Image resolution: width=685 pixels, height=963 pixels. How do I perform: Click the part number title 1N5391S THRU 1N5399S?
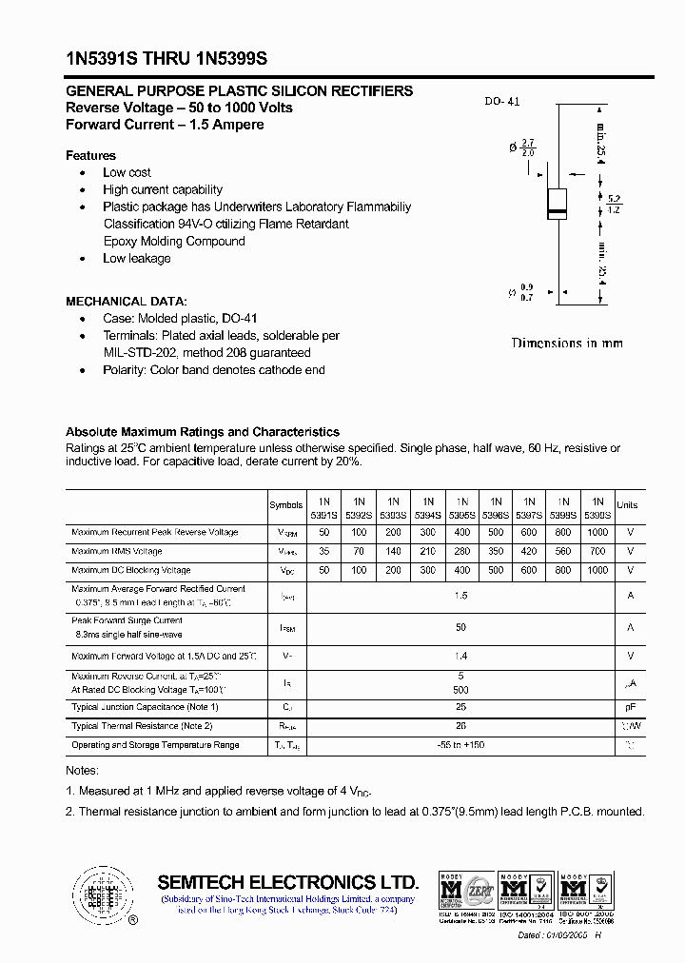tap(166, 59)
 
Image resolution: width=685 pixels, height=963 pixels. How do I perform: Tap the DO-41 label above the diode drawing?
tap(502, 102)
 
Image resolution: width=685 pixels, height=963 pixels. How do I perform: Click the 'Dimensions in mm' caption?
tap(567, 343)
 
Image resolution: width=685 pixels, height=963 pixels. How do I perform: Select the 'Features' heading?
tap(90, 155)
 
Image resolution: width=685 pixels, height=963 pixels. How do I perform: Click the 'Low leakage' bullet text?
tap(136, 258)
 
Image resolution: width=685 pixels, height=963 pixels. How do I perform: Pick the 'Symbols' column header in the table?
tap(286, 505)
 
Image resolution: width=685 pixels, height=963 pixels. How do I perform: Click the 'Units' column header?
tap(627, 505)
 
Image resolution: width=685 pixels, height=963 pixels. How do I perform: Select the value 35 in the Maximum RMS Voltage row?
tap(324, 551)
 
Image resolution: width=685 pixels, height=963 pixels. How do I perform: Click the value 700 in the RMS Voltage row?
tap(597, 551)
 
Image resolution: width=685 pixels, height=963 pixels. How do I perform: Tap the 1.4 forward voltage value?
tap(461, 656)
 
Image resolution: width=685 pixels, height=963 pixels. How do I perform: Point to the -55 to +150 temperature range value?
tap(461, 745)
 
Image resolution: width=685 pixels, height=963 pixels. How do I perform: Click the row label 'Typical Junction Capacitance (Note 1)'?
tap(145, 707)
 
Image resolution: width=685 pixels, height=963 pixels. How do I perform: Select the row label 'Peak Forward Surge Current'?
tap(127, 620)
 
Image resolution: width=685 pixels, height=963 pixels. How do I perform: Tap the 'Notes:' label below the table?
tap(82, 770)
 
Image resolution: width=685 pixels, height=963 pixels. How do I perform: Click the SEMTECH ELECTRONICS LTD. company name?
tap(287, 881)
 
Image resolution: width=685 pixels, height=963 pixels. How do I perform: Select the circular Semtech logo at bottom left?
tap(101, 895)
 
